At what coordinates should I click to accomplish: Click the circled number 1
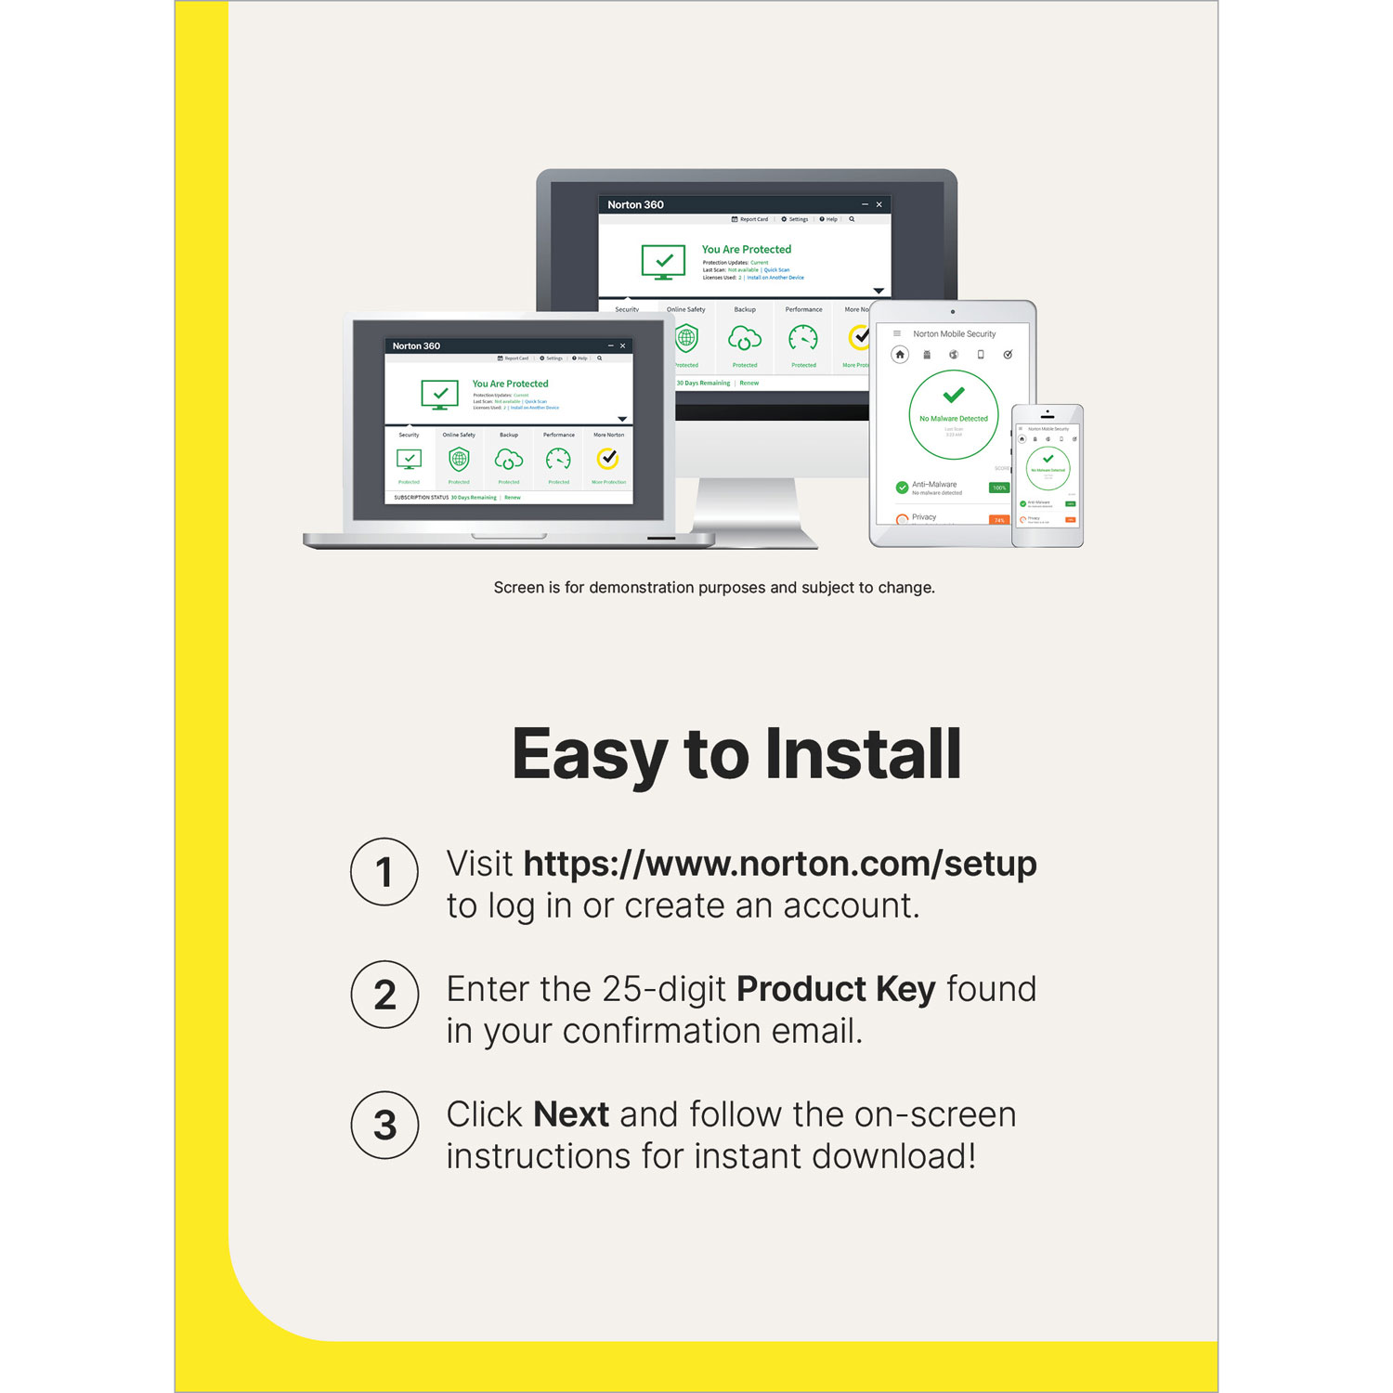384,872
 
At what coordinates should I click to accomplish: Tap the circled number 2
384,995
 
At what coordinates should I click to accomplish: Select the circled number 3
384,1125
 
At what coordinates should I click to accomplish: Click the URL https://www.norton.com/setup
779,864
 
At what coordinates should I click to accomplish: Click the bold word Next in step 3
571,1114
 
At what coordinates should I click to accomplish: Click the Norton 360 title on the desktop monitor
635,204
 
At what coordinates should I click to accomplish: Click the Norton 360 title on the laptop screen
416,345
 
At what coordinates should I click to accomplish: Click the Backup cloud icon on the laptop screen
509,459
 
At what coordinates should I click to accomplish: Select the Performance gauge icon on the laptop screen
558,459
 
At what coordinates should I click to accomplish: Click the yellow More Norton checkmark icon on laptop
608,458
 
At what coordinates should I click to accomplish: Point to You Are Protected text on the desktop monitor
746,249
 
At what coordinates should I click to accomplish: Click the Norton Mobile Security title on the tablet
954,333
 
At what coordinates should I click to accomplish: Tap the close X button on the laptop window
623,345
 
